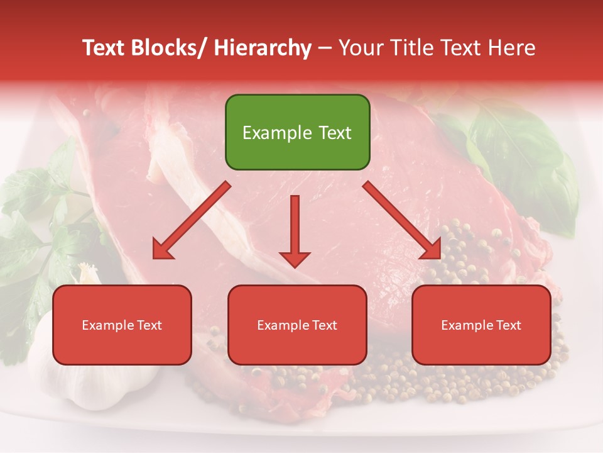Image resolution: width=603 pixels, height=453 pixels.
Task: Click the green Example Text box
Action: point(297,132)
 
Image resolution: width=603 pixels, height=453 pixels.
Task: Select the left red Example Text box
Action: point(122,325)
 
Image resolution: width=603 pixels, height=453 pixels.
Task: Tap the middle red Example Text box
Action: point(297,325)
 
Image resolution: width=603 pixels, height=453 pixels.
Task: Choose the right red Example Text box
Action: point(481,325)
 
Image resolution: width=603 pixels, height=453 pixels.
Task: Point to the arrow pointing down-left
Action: point(191,220)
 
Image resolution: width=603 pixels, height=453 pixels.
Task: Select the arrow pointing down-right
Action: point(402,220)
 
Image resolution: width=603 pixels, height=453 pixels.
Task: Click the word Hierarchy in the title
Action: point(263,48)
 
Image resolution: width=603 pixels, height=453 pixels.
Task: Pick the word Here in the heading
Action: point(512,48)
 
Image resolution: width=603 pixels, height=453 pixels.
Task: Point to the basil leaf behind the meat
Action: point(521,157)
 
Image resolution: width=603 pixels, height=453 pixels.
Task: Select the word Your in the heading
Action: point(360,48)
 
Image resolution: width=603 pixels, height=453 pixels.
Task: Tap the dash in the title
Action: point(325,48)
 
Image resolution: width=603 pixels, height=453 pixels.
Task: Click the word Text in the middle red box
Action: point(324,325)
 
